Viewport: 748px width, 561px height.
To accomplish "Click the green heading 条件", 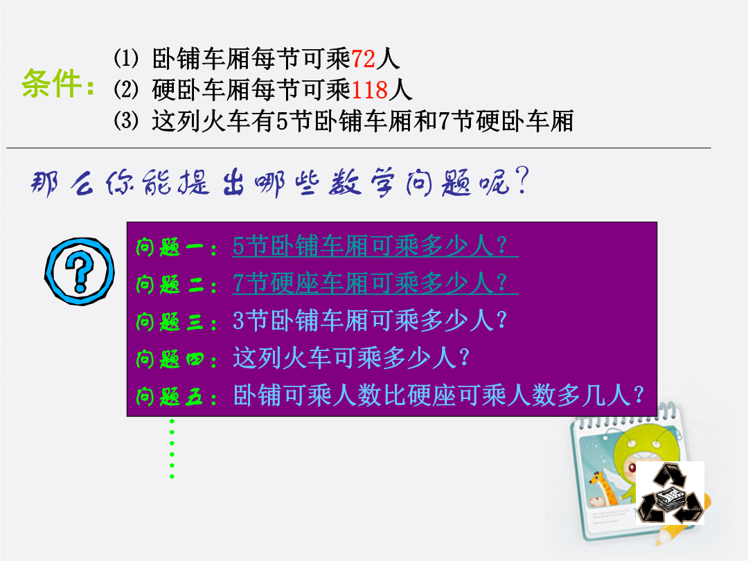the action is [51, 84].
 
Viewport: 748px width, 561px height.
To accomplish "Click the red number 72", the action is [363, 59].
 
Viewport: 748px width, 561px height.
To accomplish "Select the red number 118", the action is [370, 89].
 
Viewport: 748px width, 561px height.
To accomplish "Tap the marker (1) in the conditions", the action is [126, 58].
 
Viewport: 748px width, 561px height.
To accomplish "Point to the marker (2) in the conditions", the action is [126, 89].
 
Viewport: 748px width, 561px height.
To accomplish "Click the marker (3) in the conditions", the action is [126, 121].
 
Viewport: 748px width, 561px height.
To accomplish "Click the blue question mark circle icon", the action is [79, 271].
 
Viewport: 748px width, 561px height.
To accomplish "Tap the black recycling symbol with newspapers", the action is [670, 492].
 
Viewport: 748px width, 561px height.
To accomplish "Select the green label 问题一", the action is [170, 247].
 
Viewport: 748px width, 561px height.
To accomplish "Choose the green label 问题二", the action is [170, 285].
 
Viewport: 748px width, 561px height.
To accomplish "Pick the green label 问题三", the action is [170, 322].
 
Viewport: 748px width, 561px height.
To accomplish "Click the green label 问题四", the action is [170, 359].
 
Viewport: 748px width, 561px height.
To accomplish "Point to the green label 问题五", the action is [170, 396].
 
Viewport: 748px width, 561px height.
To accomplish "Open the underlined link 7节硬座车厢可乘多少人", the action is [369, 283].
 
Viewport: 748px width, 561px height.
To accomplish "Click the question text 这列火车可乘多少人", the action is [351, 358].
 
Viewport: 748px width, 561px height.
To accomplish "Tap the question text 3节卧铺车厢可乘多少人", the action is [369, 321].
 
